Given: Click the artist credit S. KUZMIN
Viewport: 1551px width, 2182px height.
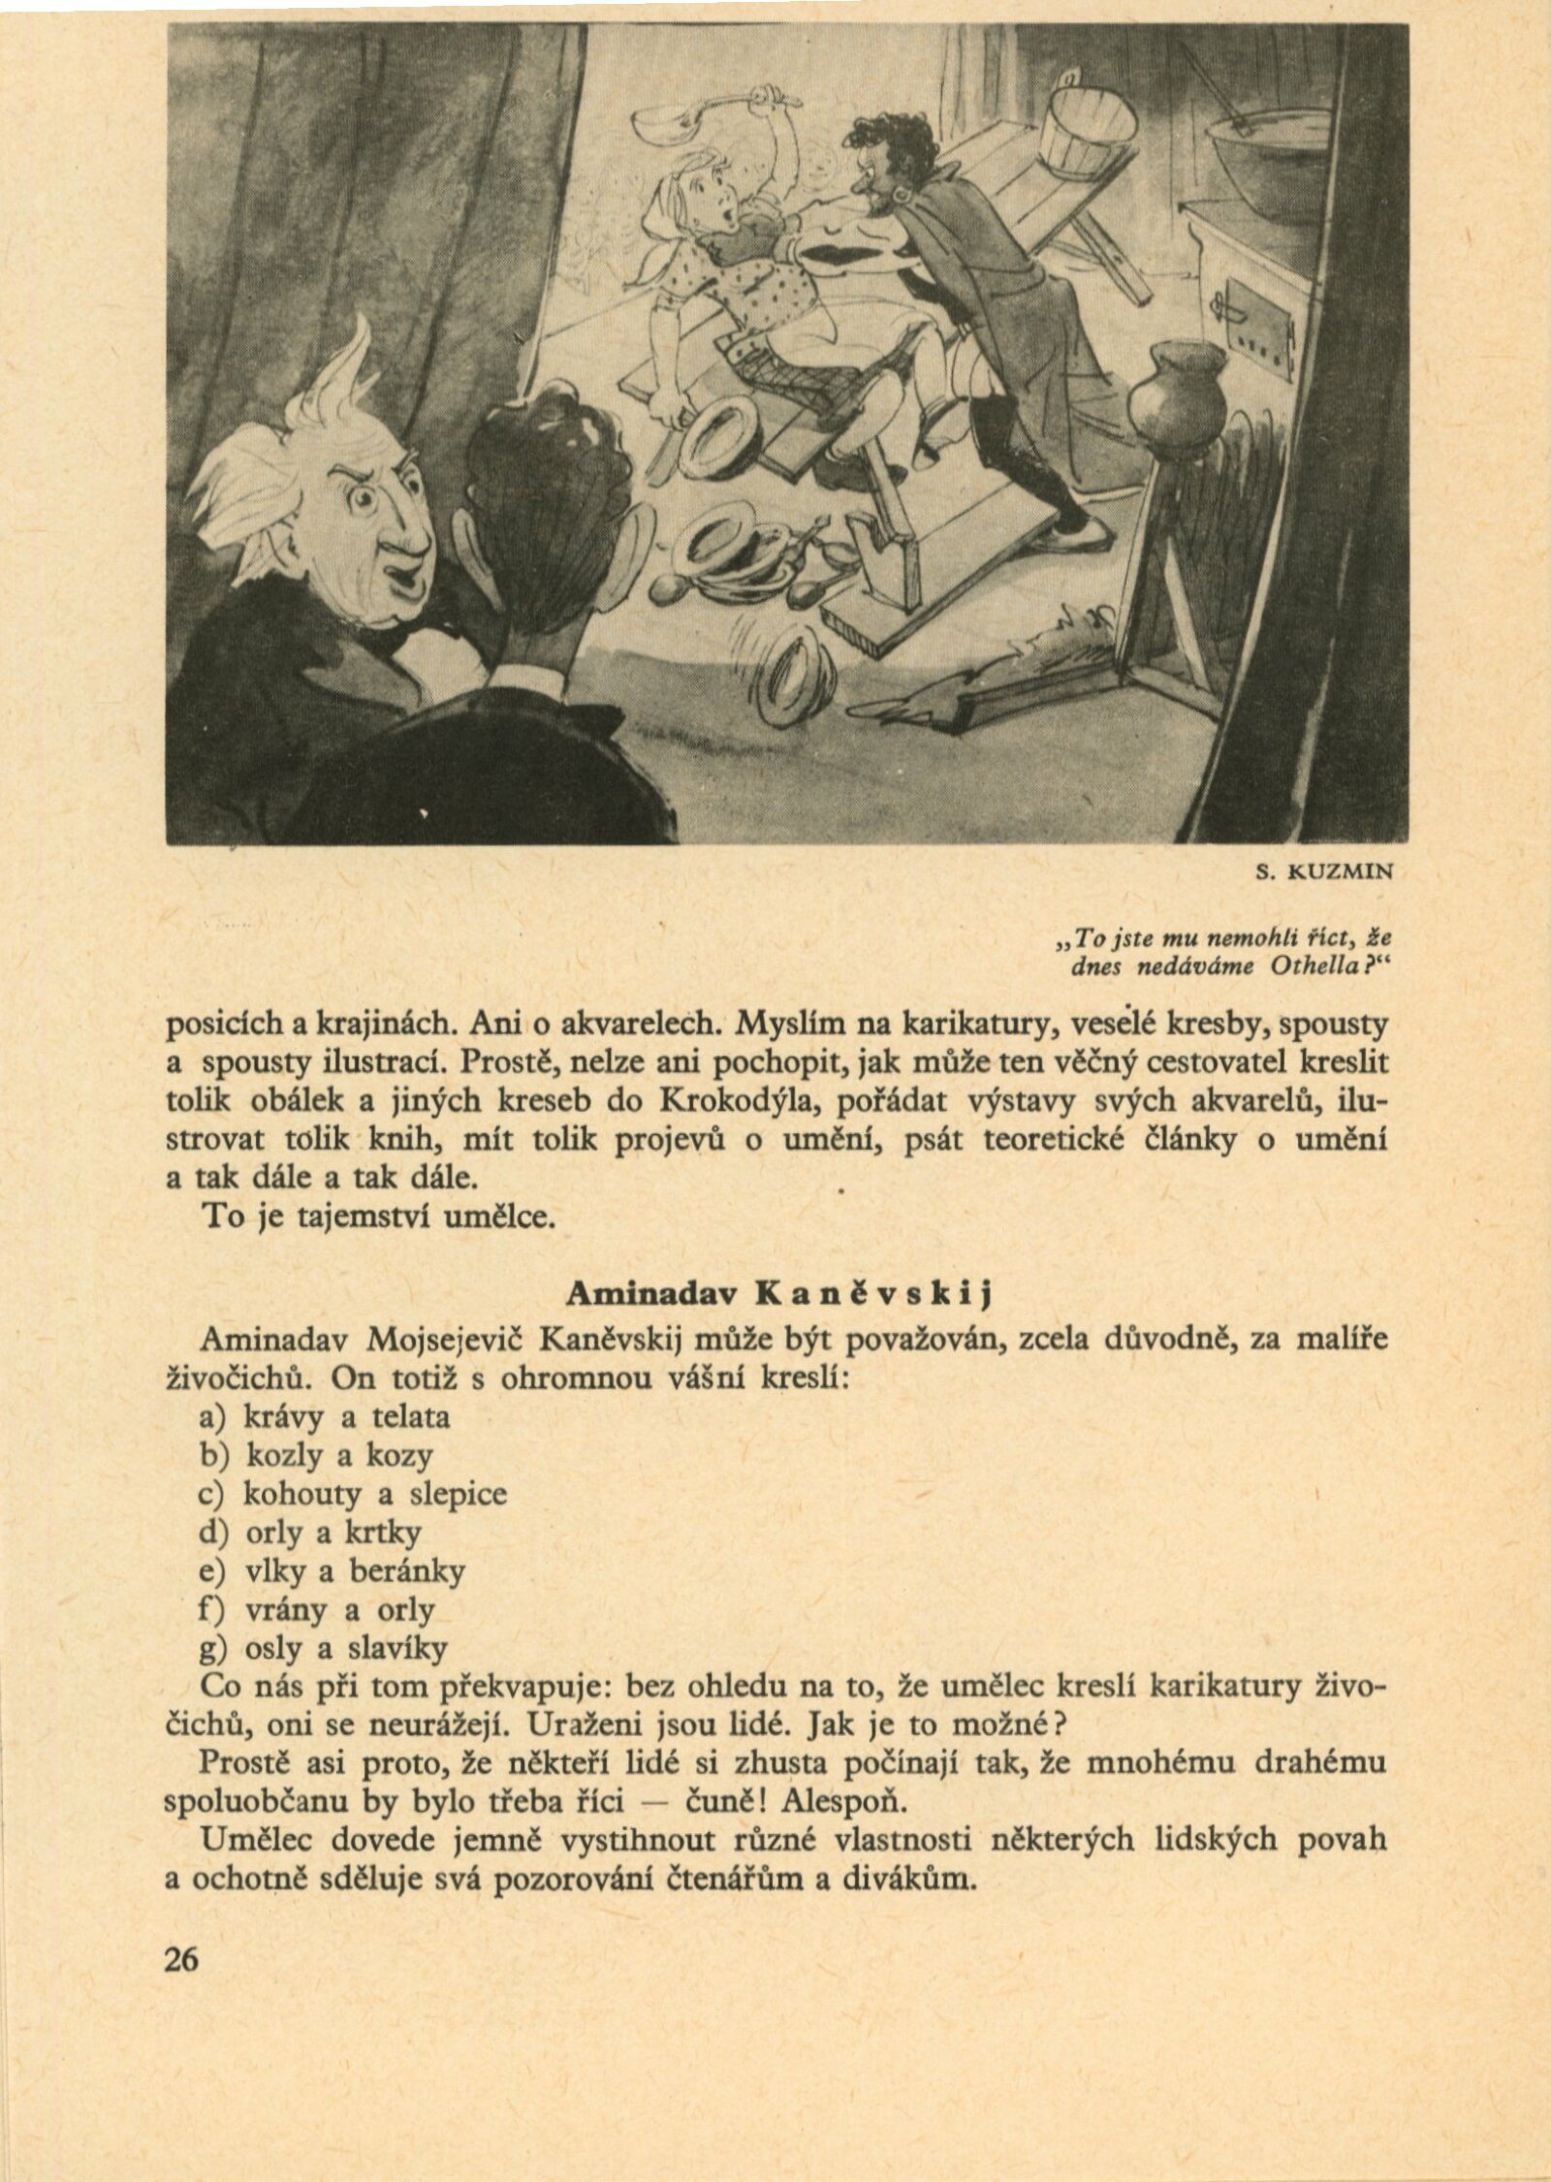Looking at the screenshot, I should (x=1324, y=871).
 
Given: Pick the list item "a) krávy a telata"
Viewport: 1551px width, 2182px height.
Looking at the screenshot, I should (x=324, y=1416).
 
